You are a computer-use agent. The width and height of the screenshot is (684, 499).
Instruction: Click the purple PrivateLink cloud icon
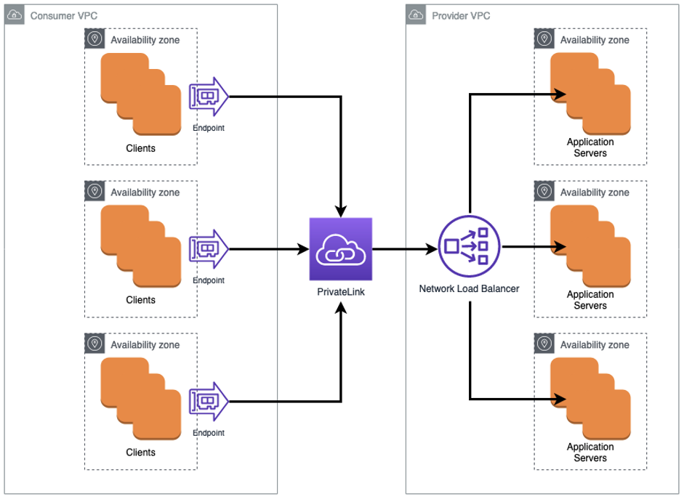[340, 248]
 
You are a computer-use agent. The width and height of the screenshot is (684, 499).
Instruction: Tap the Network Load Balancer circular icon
[470, 247]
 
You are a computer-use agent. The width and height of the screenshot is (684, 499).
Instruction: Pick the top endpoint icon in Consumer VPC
[209, 97]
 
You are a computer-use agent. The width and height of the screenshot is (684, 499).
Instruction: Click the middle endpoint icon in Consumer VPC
[209, 249]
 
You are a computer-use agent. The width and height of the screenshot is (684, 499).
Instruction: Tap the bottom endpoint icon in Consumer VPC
[209, 402]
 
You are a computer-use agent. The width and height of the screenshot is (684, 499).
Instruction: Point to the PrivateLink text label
[340, 292]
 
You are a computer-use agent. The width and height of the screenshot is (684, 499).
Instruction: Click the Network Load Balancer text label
[469, 288]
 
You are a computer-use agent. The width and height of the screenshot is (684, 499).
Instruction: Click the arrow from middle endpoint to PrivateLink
[269, 248]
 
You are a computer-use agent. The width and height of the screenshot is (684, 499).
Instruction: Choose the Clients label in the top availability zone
[140, 148]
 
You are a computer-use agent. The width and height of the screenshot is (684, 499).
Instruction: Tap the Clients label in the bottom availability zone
[140, 452]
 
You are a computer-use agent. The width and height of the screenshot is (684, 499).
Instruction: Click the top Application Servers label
[590, 147]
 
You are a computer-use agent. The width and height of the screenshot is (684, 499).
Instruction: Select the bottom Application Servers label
[590, 452]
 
